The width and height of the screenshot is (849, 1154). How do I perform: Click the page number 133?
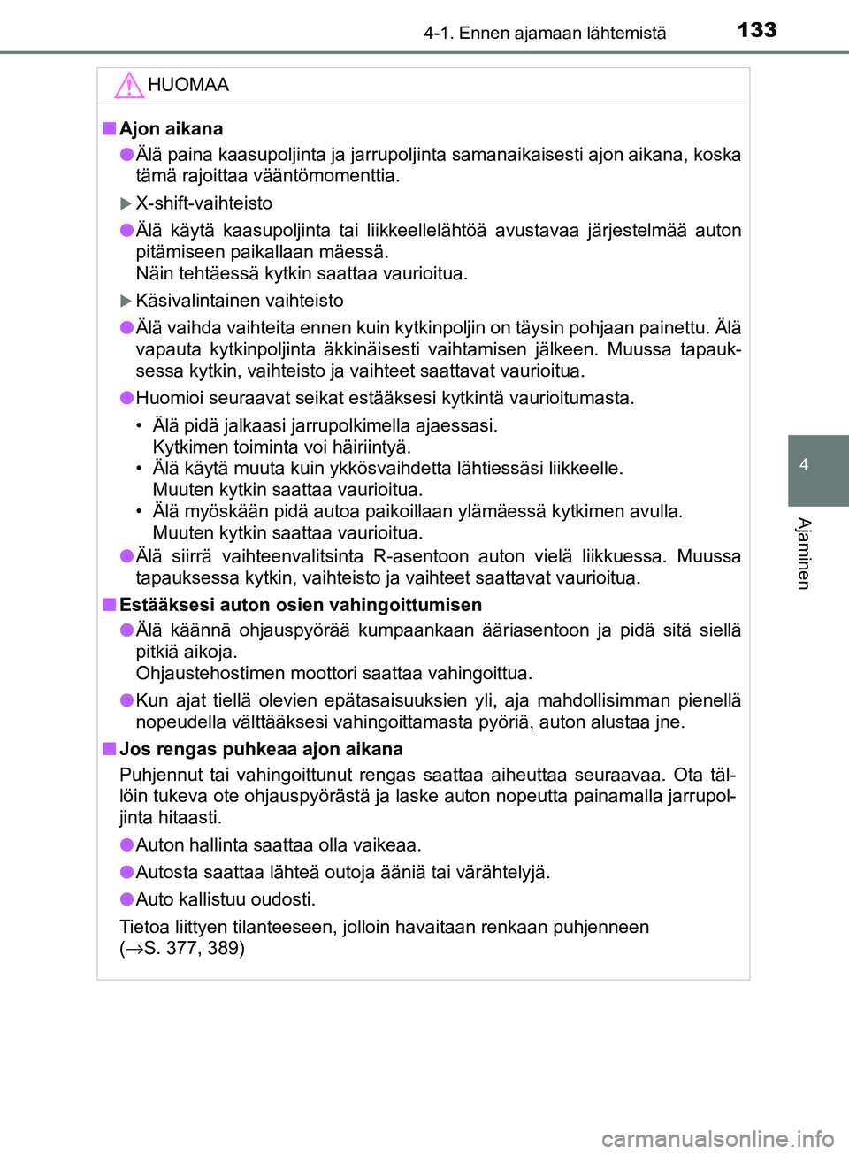[x=757, y=30]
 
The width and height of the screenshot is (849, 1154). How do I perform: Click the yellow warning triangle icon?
[x=129, y=85]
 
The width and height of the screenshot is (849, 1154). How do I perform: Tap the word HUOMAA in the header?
[x=188, y=85]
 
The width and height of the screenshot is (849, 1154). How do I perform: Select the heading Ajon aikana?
[x=171, y=128]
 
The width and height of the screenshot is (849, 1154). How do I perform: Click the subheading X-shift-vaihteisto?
[x=203, y=203]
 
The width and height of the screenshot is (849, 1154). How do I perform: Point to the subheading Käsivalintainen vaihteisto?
[x=239, y=301]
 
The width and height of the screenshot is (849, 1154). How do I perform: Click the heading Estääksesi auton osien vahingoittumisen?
[x=301, y=605]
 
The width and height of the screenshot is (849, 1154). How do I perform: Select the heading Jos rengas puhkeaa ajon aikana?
[x=261, y=749]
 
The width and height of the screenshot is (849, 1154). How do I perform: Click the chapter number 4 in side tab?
[x=804, y=464]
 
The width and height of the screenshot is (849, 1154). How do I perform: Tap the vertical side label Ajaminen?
[x=804, y=554]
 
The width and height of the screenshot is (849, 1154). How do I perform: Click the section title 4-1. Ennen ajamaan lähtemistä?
[x=545, y=34]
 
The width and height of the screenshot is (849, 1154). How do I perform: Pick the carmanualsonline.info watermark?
[x=717, y=1138]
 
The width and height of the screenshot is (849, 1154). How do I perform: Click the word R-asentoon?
[x=421, y=556]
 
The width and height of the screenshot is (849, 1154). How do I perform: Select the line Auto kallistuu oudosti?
[x=226, y=899]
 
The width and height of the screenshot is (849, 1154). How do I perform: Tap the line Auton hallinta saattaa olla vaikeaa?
[x=279, y=845]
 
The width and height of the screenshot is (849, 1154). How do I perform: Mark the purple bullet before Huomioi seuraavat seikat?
[x=127, y=398]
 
